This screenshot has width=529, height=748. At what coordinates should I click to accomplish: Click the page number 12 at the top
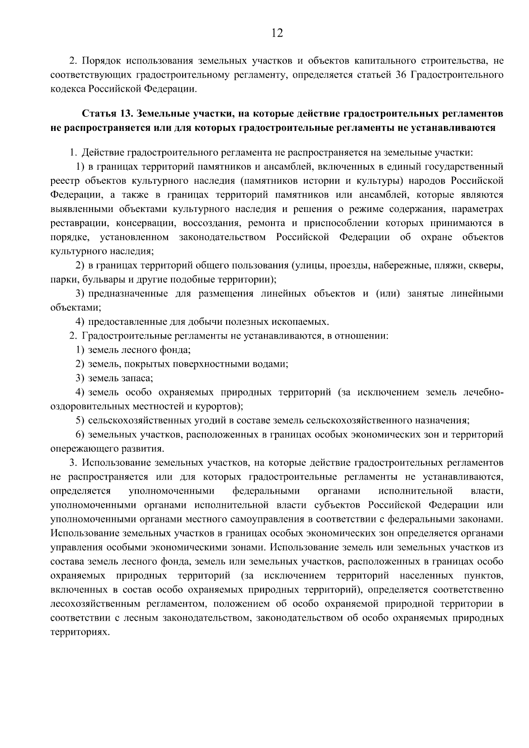(277, 33)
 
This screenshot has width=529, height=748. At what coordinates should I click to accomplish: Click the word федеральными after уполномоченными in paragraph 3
(266, 491)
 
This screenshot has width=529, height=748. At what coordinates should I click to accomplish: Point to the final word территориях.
(79, 632)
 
